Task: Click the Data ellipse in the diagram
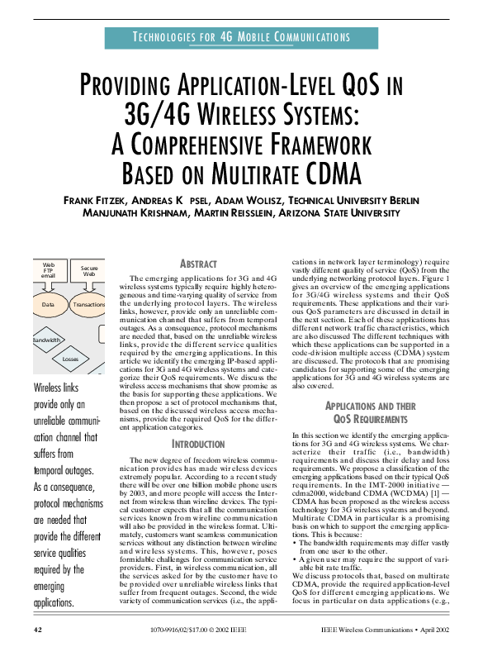pyautogui.click(x=48, y=305)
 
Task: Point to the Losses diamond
pyautogui.click(x=69, y=359)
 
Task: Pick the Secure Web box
pyautogui.click(x=89, y=271)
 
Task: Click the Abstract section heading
pyautogui.click(x=197, y=263)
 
